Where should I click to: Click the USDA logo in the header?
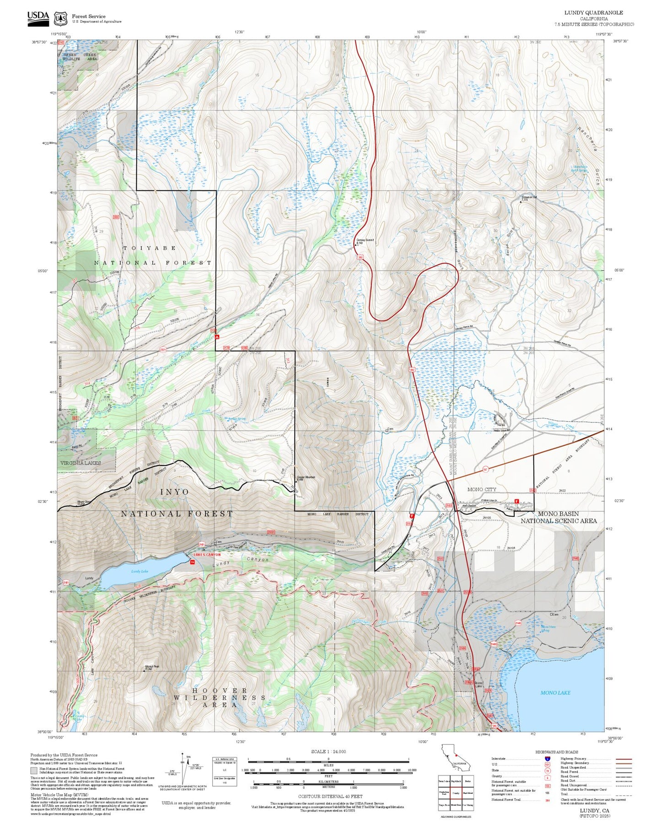(38, 18)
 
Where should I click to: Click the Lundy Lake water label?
(140, 571)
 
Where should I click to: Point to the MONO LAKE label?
(555, 692)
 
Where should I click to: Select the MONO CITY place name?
(481, 489)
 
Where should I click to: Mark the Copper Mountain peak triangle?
(296, 481)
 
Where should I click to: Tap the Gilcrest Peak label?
(151, 667)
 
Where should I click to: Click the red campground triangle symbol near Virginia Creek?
(217, 337)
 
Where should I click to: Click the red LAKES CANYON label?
(207, 555)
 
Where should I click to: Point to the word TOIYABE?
(150, 248)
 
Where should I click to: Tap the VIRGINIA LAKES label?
(81, 463)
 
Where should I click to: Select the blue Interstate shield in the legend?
(547, 758)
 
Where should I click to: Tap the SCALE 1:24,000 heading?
(328, 751)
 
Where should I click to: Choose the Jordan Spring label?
(236, 419)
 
